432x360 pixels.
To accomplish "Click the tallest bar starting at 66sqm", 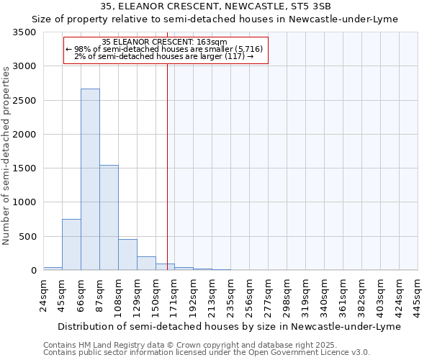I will point(90,180).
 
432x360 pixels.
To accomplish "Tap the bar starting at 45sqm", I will point(71,245).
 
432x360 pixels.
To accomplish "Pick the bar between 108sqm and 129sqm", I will point(127,255).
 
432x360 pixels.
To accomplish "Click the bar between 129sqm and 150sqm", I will point(146,264).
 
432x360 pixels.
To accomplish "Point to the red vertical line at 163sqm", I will point(167,166).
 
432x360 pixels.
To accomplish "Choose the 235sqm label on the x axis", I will point(230,294).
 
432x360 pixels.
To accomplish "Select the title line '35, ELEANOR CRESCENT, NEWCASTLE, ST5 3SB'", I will point(216,6).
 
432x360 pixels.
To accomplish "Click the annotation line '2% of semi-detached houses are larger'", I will point(165,56).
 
